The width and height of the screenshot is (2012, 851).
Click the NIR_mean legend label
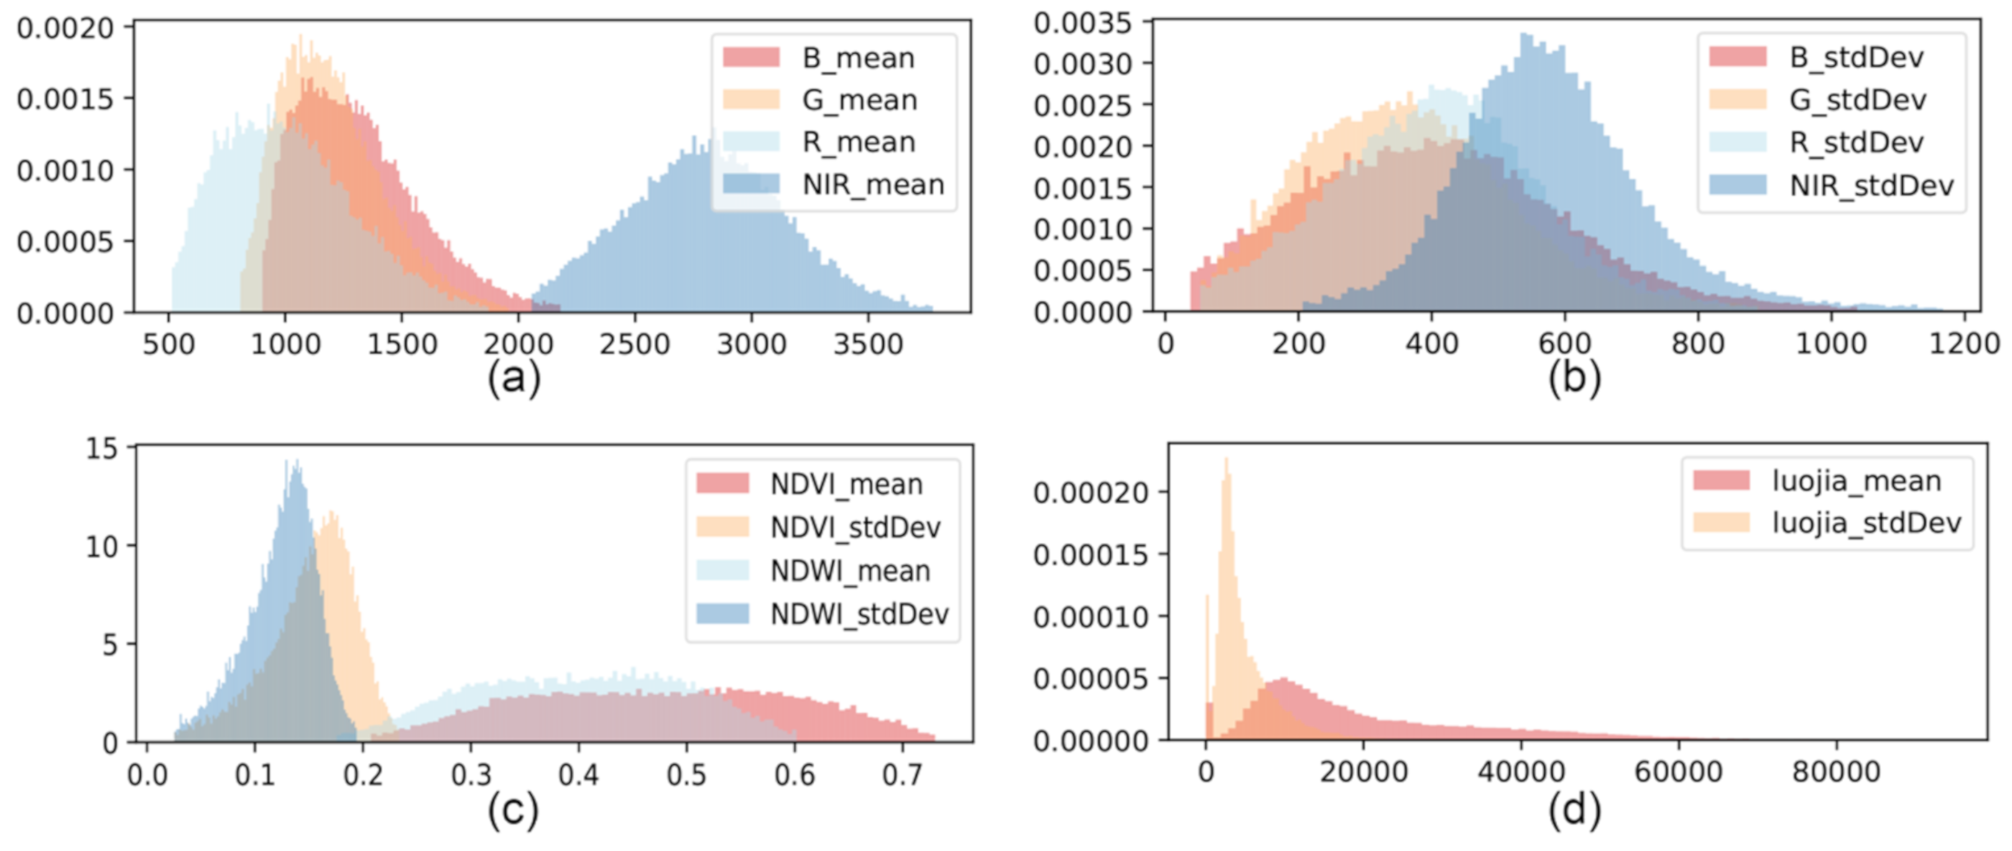click(873, 185)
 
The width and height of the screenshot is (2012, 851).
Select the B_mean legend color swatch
click(751, 57)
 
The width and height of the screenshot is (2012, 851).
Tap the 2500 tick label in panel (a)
click(634, 344)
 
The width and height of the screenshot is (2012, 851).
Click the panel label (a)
click(513, 379)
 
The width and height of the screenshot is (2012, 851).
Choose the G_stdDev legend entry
click(1858, 100)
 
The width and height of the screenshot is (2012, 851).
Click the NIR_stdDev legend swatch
click(1737, 185)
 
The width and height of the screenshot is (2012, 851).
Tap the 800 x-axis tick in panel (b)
click(1697, 343)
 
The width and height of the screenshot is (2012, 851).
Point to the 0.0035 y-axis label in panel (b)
click(1083, 24)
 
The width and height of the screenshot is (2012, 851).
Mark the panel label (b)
click(1574, 379)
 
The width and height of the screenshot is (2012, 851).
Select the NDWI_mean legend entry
click(850, 571)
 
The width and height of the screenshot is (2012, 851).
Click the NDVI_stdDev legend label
click(855, 528)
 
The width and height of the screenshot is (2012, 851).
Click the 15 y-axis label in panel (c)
click(101, 448)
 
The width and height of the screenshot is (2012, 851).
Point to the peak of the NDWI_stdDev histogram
click(295, 462)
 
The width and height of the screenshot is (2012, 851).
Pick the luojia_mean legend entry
click(1856, 481)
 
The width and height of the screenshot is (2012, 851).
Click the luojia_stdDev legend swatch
click(1721, 522)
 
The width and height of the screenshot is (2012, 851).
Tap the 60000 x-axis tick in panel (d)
click(1678, 772)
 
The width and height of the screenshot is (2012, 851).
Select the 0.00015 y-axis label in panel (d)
click(1090, 555)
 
